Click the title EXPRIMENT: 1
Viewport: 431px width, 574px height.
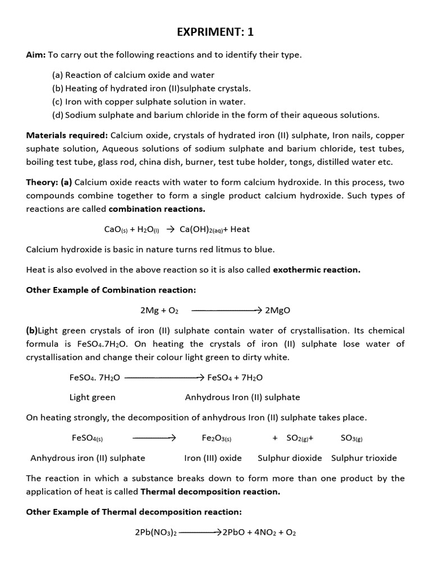pyautogui.click(x=215, y=32)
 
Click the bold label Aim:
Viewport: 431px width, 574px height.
pyautogui.click(x=36, y=54)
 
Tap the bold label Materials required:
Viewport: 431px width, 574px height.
pyautogui.click(x=67, y=135)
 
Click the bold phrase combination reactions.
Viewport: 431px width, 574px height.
pyautogui.click(x=157, y=209)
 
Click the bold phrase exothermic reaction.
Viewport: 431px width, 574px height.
pyautogui.click(x=317, y=270)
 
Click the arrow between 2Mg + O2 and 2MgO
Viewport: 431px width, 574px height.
pyautogui.click(x=227, y=310)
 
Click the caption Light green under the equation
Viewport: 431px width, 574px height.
pyautogui.click(x=92, y=397)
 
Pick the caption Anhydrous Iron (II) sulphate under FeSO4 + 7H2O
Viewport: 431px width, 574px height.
pyautogui.click(x=242, y=397)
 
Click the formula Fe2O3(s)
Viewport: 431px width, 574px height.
pyautogui.click(x=217, y=438)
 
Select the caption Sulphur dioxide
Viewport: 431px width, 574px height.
pyautogui.click(x=290, y=458)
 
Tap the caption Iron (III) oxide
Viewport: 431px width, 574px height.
pyautogui.click(x=213, y=458)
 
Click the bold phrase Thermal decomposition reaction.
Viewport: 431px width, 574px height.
pyautogui.click(x=210, y=492)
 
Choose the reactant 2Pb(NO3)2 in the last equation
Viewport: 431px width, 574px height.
pyautogui.click(x=155, y=532)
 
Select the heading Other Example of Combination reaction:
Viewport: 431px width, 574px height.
pyautogui.click(x=110, y=290)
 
